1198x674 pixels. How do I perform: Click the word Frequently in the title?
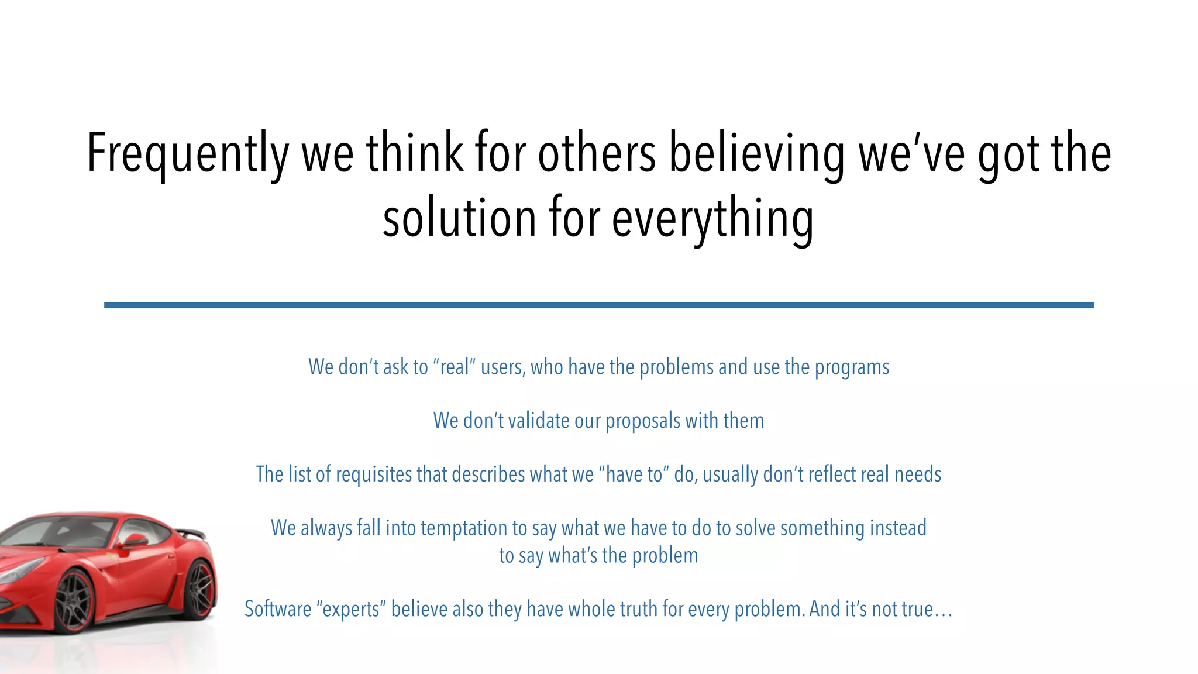188,153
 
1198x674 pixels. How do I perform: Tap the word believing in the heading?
756,153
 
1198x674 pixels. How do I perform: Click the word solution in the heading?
459,218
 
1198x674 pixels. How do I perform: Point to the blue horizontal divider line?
598,305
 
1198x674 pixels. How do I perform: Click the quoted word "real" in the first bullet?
454,367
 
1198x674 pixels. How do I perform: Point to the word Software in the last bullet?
278,609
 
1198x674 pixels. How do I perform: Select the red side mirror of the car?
136,540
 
